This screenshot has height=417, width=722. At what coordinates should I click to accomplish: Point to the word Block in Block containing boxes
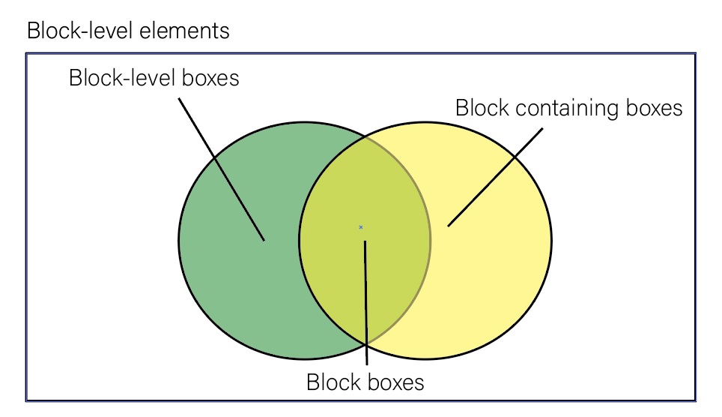click(482, 108)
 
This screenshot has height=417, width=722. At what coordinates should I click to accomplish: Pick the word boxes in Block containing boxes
click(653, 108)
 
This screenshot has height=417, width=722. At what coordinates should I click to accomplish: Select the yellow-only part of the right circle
click(494, 270)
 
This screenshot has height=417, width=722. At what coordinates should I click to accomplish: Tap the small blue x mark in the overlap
click(360, 226)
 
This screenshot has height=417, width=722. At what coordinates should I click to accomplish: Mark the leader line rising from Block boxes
click(365, 300)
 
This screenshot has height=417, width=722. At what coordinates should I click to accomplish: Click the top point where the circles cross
click(366, 136)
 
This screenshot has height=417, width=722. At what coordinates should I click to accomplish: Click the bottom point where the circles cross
click(366, 344)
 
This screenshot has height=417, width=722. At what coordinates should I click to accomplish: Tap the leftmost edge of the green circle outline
click(179, 240)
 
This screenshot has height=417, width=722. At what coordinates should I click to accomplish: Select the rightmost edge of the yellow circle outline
click(551, 240)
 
